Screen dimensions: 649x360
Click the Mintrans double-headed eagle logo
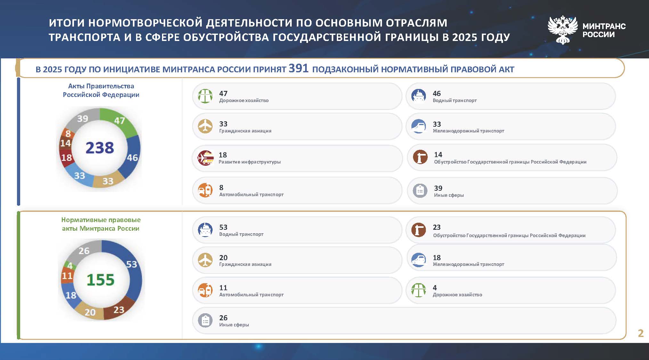563,30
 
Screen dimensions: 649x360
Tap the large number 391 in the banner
298,68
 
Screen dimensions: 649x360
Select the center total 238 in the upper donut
100,148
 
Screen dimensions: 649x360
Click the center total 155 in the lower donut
100,280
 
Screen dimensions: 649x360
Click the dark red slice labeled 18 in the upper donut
66,157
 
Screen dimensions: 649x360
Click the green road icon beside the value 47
205,96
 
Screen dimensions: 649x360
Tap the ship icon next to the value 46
419,96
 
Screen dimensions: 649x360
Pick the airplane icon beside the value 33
205,126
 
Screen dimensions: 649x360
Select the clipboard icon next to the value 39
420,190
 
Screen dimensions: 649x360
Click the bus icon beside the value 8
205,190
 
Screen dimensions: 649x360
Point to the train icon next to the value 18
419,260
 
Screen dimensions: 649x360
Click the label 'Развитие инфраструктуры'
249,162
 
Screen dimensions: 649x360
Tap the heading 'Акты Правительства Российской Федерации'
101,90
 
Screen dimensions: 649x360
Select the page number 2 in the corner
641,333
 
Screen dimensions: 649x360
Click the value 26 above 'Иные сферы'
223,318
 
